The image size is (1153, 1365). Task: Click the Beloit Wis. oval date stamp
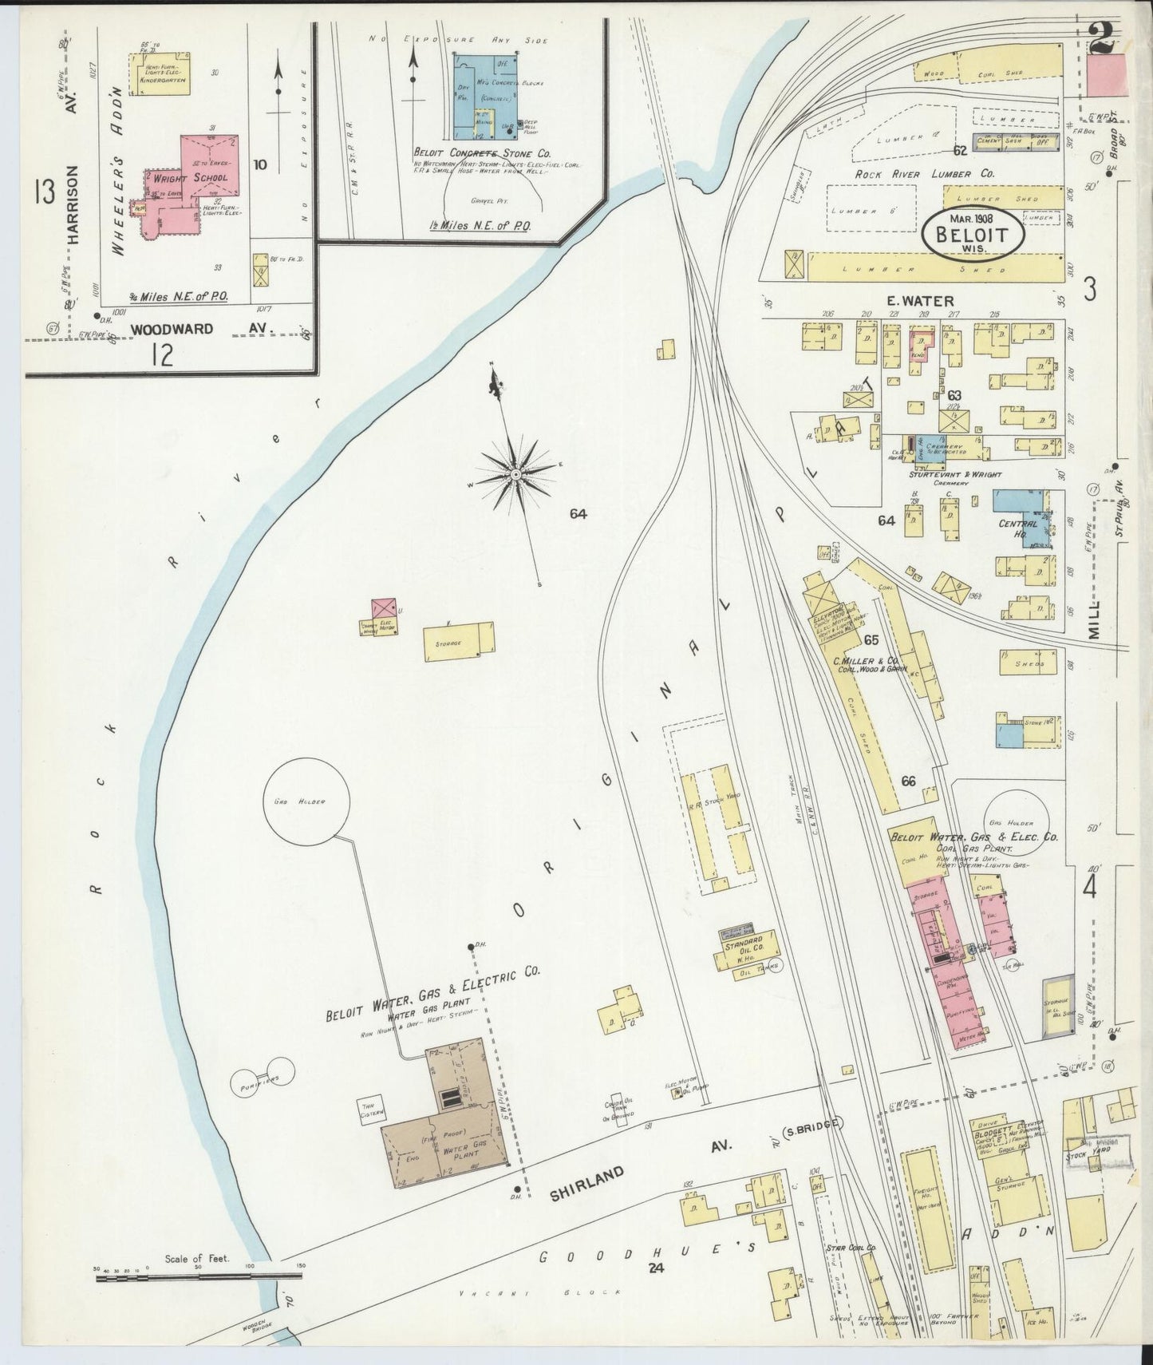tap(971, 234)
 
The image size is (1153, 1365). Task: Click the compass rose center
tap(516, 474)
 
